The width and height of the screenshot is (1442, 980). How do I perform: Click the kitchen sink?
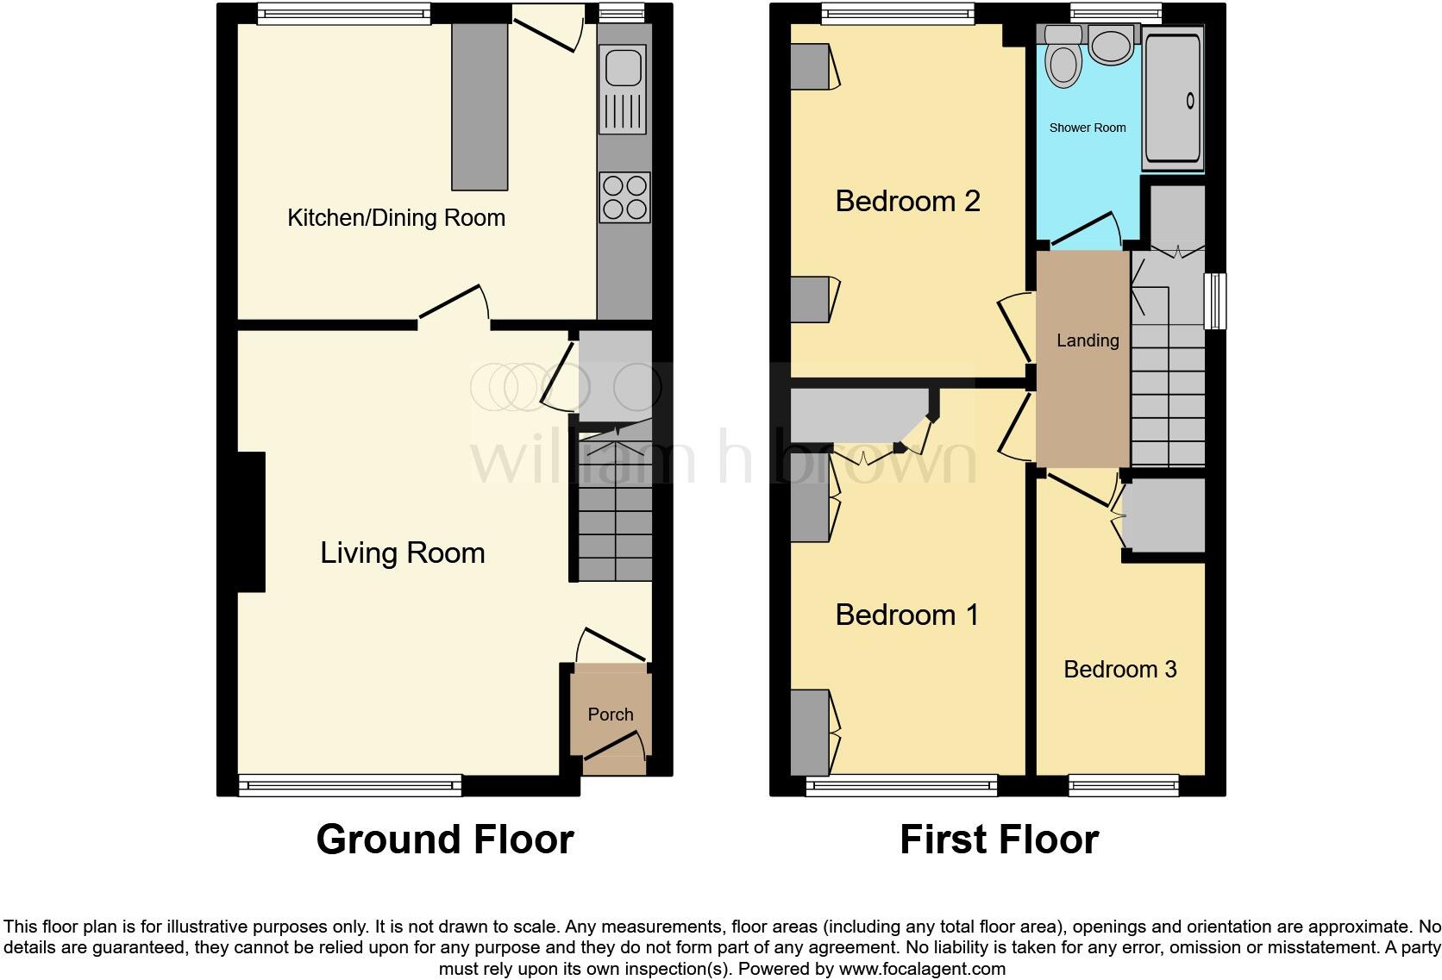623,89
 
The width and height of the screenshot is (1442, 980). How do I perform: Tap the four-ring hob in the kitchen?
624,198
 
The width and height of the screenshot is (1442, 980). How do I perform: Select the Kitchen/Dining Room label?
396,218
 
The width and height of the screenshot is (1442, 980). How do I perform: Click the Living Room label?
402,552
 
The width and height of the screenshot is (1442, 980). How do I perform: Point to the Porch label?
611,715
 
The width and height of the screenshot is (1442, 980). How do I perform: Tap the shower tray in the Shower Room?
1172,98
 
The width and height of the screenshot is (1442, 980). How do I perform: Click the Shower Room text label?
1087,128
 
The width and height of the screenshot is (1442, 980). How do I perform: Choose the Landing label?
1088,340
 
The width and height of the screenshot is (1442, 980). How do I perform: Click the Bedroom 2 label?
907,201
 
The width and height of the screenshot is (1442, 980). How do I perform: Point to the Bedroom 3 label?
1119,670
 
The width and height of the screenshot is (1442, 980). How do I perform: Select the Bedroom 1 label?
907,615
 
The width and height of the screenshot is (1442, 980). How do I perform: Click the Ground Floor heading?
444,839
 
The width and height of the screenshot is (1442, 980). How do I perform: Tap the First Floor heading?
999,839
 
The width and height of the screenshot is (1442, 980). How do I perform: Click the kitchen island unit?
480,106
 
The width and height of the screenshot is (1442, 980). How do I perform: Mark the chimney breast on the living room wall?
251,521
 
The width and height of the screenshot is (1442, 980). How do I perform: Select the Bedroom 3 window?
1123,784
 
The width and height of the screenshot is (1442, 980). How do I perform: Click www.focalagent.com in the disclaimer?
922,969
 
